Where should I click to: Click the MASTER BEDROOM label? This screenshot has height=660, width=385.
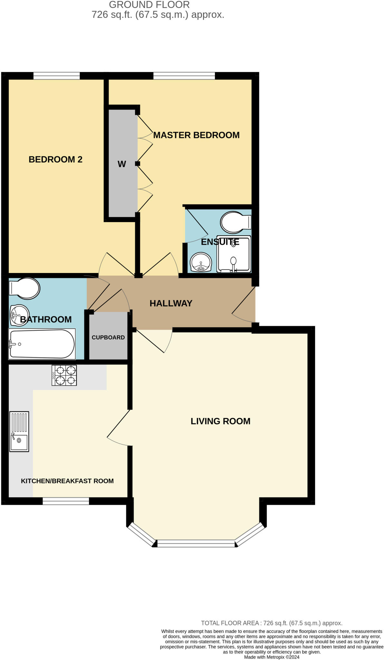(x=196, y=135)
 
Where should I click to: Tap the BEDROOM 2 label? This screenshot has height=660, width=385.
(x=55, y=159)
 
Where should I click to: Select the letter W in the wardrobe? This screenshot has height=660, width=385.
(x=122, y=164)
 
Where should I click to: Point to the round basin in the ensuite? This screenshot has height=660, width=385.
(x=201, y=262)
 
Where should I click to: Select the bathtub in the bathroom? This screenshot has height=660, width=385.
(x=42, y=344)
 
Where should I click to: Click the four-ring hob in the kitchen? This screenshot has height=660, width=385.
(x=64, y=375)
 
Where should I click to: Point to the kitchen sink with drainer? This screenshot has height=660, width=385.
(x=19, y=431)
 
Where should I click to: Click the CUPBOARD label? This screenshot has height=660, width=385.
(x=108, y=337)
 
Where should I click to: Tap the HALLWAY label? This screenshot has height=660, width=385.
(x=171, y=303)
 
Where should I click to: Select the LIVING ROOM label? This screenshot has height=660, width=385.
(x=220, y=421)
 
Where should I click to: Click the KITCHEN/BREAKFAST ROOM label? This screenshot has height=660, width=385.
(x=67, y=481)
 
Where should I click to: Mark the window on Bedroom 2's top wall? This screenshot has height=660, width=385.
(x=56, y=76)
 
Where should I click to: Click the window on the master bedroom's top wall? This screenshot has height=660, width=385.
(x=184, y=76)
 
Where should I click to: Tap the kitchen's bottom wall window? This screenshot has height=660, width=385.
(x=66, y=501)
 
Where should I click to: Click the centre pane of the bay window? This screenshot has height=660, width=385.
(x=196, y=544)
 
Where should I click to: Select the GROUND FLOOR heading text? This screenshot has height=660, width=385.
(x=149, y=5)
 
